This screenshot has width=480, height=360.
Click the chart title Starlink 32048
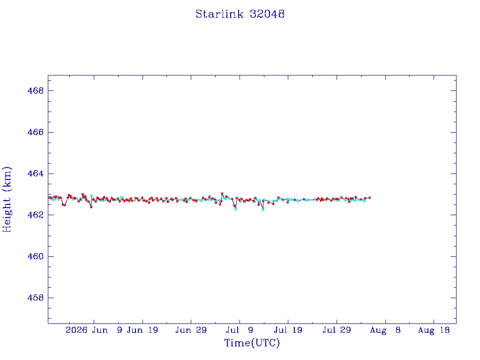click(x=240, y=14)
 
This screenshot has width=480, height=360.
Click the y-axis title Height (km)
click(x=7, y=199)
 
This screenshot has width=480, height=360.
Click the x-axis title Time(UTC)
click(x=252, y=343)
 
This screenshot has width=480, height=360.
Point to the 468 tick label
click(x=36, y=90)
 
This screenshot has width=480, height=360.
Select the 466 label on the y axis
click(x=36, y=132)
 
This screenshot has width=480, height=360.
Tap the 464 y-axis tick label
click(x=36, y=173)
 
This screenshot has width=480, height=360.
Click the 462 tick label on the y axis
click(x=36, y=215)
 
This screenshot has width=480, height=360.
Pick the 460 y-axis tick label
click(x=36, y=256)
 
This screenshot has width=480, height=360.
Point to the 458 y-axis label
click(x=36, y=298)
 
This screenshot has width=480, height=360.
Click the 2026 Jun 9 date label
click(x=94, y=330)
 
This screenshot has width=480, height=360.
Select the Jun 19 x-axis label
click(x=142, y=330)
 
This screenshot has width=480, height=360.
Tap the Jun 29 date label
click(x=191, y=330)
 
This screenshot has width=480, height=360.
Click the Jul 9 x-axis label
click(x=240, y=330)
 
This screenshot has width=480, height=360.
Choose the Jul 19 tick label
click(x=288, y=330)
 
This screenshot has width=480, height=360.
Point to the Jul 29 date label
click(x=337, y=330)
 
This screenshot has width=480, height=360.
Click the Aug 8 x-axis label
click(x=385, y=330)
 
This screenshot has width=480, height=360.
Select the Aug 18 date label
click(x=434, y=330)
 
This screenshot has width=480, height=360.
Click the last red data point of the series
click(x=370, y=198)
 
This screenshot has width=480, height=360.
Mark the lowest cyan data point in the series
click(x=263, y=210)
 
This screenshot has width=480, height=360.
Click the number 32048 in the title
click(x=267, y=14)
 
